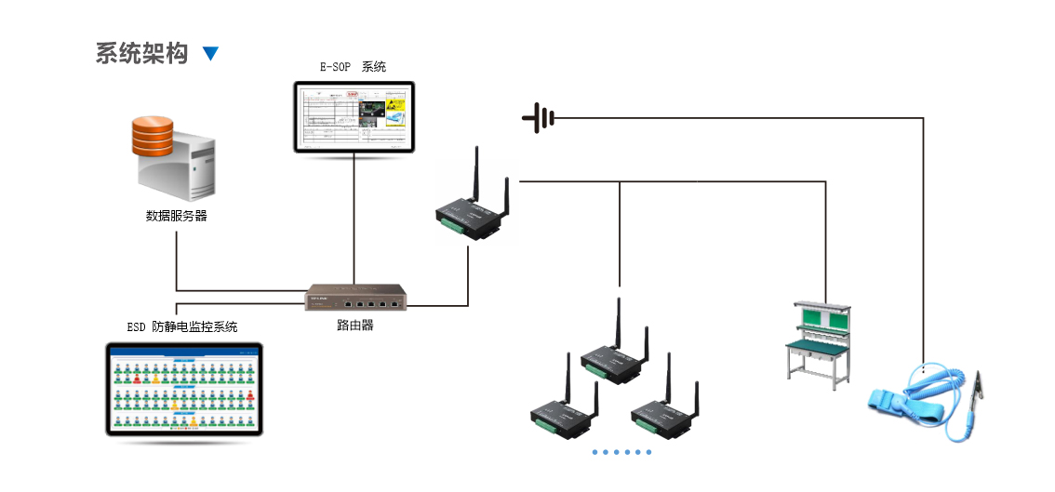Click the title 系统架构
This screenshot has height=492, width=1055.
141,53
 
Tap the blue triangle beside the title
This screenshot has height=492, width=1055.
210,54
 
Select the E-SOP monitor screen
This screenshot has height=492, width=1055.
354,116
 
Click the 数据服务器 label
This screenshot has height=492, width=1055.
176,216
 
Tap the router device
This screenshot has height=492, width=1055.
354,300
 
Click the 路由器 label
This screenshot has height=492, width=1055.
354,326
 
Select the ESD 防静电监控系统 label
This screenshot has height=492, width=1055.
182,326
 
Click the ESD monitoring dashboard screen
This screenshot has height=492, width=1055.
184,388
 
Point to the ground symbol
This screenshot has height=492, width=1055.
540,118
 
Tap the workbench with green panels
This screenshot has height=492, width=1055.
819,339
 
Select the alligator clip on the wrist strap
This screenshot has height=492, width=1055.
977,391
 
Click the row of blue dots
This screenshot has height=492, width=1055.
622,452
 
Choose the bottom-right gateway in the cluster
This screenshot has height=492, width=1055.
662,417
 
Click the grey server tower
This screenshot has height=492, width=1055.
181,167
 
